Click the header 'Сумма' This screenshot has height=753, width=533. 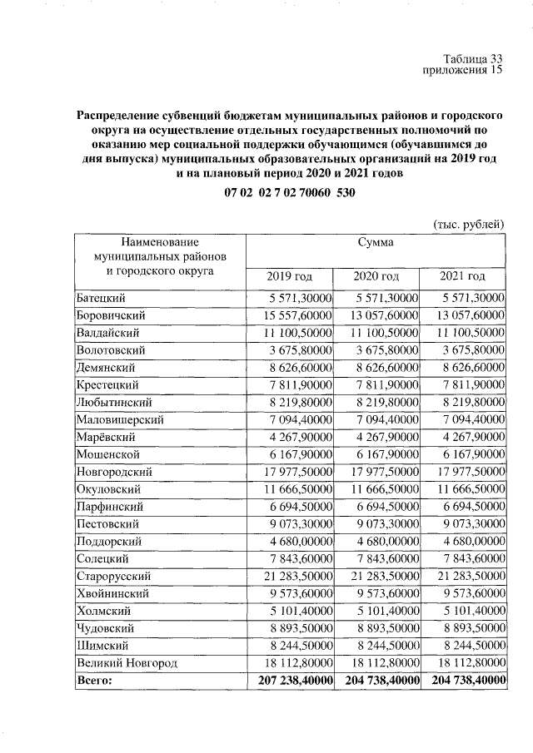(376, 242)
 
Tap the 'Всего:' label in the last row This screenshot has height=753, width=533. (94, 680)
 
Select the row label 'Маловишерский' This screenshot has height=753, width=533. (119, 419)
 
